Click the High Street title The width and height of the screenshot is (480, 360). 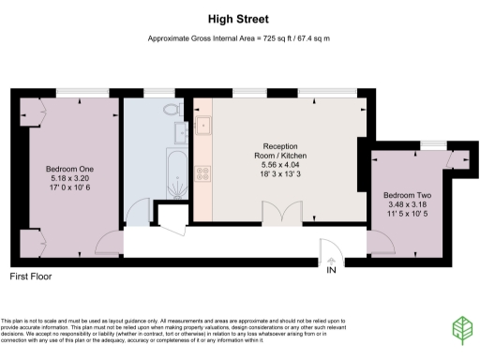(239, 17)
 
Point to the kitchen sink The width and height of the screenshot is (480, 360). (202, 123)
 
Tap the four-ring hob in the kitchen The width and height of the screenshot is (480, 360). (202, 172)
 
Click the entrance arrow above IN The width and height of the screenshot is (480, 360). (330, 256)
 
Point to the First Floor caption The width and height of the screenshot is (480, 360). (30, 277)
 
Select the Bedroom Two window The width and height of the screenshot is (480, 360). (432, 146)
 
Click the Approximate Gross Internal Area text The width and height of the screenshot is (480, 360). (239, 38)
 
